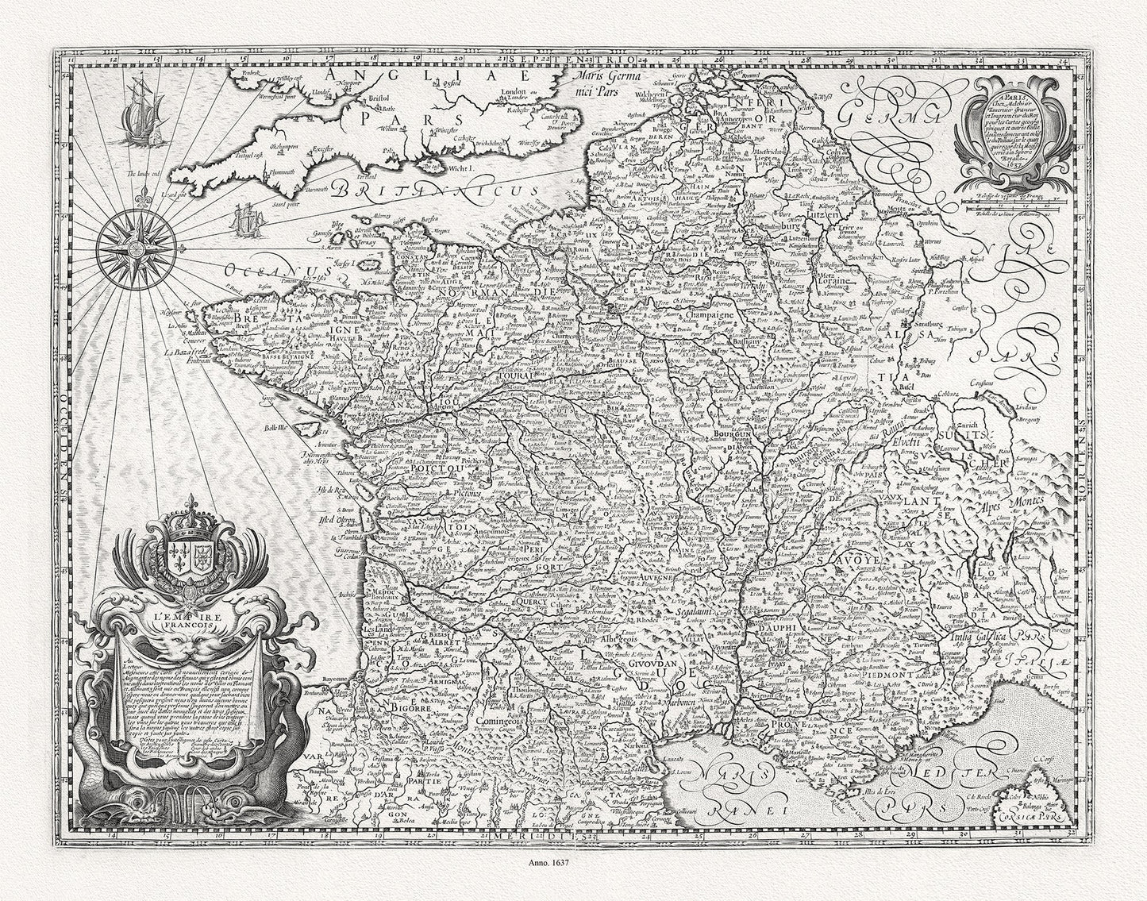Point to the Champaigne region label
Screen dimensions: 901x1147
pos(702,315)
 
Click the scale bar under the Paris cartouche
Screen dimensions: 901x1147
pos(1006,208)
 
